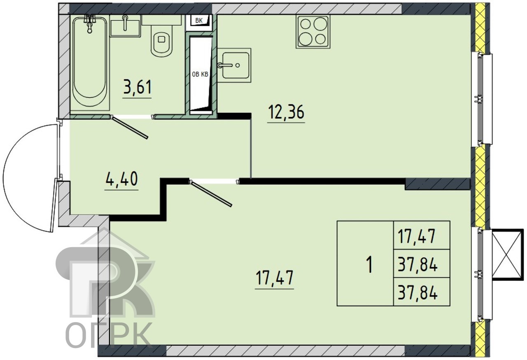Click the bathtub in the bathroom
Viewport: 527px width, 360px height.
point(90,62)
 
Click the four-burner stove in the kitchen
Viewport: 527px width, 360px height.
point(313,32)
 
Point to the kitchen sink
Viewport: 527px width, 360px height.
point(234,65)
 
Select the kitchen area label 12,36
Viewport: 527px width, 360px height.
point(286,112)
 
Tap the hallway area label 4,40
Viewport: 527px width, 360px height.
point(121,179)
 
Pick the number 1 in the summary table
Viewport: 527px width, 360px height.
point(370,265)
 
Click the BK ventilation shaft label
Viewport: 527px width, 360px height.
point(199,21)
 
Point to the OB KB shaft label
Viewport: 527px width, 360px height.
point(200,75)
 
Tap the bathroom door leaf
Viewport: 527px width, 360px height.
point(130,127)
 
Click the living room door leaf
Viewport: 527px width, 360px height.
point(211,194)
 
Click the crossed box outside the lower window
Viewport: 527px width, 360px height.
point(507,255)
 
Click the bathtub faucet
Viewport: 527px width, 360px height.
point(89,23)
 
